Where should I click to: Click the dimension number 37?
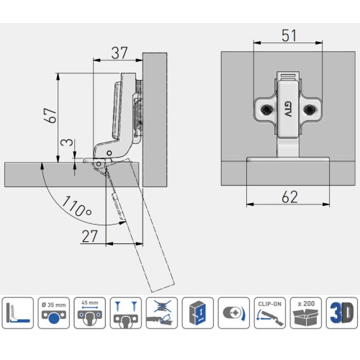pyautogui.click(x=120, y=53)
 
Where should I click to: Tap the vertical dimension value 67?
pyautogui.click(x=51, y=115)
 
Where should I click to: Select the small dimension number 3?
pyautogui.click(x=67, y=143)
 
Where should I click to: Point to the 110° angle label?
pyautogui.click(x=77, y=206)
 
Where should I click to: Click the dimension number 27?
pyautogui.click(x=89, y=236)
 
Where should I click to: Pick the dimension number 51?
pyautogui.click(x=289, y=35)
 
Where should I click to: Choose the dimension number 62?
pyautogui.click(x=289, y=197)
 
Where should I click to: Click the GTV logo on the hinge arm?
pyautogui.click(x=288, y=109)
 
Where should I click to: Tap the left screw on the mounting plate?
pyautogui.click(x=266, y=109)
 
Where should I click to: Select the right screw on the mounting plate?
pyautogui.click(x=310, y=109)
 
